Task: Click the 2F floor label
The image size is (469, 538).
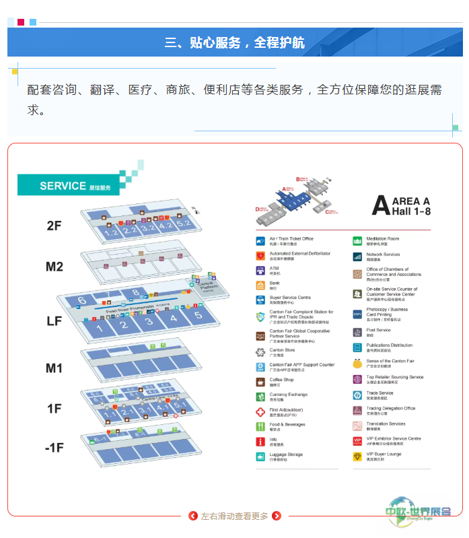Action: point(54,226)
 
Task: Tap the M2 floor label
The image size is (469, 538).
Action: point(54,267)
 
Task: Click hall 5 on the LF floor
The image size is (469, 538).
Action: point(198,315)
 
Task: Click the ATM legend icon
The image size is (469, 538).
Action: point(261,270)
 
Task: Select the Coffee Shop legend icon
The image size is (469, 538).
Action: point(261,382)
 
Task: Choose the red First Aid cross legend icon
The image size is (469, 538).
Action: point(261,411)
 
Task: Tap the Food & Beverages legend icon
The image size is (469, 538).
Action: point(261,426)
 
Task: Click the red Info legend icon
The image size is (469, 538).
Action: point(261,441)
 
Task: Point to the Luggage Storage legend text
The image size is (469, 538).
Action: point(286,455)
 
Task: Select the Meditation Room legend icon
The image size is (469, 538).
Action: point(357,240)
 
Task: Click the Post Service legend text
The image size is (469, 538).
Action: point(378,330)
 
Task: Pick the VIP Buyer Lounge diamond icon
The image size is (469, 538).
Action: point(357,456)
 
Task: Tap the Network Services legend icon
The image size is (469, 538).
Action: point(357,256)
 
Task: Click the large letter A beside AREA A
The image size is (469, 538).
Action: point(380,205)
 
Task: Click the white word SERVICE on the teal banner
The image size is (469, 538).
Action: point(63,186)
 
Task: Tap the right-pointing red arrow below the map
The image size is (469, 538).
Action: point(276,516)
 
